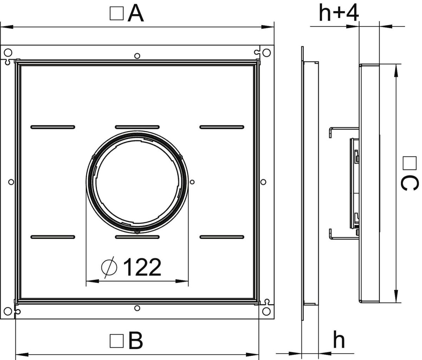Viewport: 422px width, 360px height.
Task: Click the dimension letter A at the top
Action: [136, 14]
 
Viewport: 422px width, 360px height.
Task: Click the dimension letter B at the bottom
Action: [136, 340]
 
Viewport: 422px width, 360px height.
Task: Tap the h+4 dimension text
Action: [338, 13]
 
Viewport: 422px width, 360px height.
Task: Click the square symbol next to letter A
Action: [117, 14]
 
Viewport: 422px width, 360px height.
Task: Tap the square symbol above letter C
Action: [409, 163]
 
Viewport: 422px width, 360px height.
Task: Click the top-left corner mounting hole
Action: [7, 53]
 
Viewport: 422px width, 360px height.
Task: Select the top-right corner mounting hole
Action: [267, 53]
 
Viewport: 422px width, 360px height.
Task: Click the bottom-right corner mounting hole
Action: [267, 311]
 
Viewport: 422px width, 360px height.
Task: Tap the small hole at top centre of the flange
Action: [137, 55]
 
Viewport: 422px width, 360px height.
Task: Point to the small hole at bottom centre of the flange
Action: [137, 308]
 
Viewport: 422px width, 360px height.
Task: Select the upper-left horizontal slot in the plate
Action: [53, 126]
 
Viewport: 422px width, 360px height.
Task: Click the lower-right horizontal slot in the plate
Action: [222, 237]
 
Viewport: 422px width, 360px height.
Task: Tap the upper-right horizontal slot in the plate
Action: [222, 126]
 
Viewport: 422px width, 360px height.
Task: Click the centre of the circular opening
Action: [137, 182]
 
